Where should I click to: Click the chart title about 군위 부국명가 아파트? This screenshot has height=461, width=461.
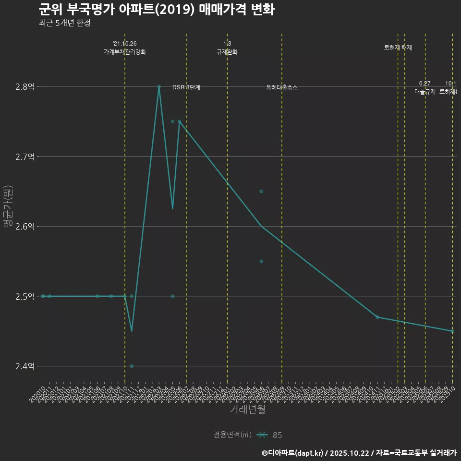[x=157, y=10]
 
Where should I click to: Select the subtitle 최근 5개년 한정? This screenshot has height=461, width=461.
[x=64, y=23]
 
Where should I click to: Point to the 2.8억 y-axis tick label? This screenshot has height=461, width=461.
[x=25, y=87]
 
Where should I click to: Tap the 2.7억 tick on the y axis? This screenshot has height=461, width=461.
[x=25, y=157]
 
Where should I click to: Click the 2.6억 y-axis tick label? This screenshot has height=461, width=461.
[x=25, y=227]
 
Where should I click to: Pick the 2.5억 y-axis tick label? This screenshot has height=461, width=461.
[x=25, y=296]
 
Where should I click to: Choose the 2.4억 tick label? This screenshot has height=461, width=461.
[x=25, y=366]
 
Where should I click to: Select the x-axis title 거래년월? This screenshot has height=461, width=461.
[x=247, y=409]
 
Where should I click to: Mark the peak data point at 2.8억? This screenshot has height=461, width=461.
[x=159, y=86]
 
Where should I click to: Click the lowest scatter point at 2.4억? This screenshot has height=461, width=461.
[x=132, y=366]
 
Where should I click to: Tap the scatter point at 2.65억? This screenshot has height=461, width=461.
[x=261, y=192]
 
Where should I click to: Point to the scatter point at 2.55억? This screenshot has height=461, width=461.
[x=261, y=261]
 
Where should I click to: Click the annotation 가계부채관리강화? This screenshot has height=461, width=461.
[x=125, y=52]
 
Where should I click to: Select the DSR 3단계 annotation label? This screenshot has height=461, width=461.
[x=186, y=88]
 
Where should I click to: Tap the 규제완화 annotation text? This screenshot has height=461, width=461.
[x=227, y=52]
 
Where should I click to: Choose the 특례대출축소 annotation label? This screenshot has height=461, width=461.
[x=282, y=88]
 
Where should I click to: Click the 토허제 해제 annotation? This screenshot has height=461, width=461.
[x=398, y=48]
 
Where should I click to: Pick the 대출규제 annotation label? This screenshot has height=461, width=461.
[x=425, y=92]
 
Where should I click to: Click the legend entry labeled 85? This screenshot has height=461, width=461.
[x=277, y=435]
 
